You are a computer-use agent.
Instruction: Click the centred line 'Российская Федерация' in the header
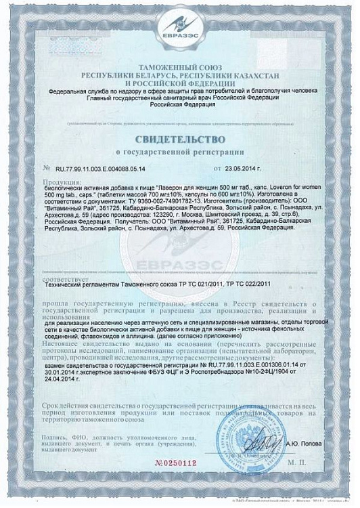180,107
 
